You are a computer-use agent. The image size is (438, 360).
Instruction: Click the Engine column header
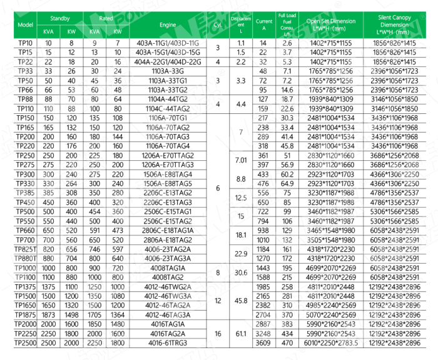pos(168,24)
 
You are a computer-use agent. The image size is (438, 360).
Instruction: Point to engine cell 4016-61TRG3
pos(168,344)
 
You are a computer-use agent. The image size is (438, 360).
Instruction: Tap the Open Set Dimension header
pos(331,24)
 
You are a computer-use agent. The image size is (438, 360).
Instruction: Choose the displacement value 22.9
pos(241,253)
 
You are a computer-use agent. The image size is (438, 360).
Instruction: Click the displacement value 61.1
pos(241,334)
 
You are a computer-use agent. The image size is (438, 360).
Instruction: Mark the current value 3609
pos(263,344)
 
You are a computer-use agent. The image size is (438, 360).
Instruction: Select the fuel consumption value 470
pos(287,344)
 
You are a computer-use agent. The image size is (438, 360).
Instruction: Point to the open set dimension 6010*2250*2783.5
pos(331,344)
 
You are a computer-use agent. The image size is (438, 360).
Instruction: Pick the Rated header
pos(106,18)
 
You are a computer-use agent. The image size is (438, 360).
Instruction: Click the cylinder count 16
pos(218,334)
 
